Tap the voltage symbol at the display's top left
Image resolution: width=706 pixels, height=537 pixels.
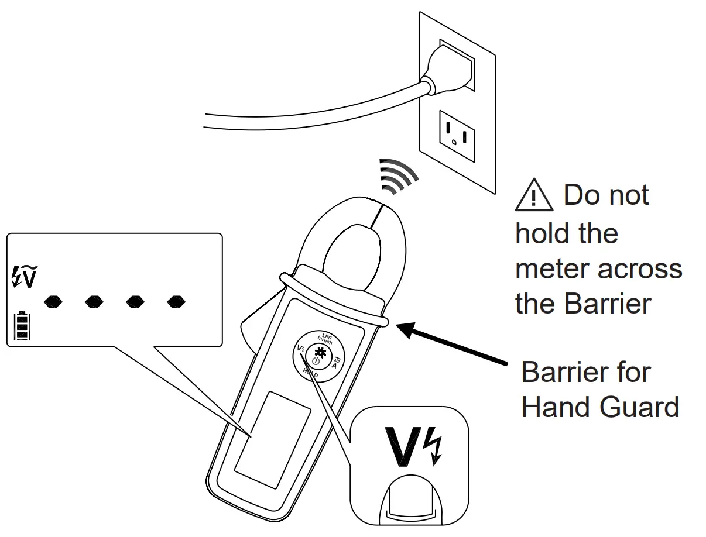point(25,277)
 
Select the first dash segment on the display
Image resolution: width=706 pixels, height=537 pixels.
point(54,302)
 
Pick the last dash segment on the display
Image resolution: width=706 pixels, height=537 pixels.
point(176,302)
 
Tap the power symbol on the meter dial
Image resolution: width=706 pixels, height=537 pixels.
point(316,362)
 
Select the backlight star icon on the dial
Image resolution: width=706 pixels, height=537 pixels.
point(320,352)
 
